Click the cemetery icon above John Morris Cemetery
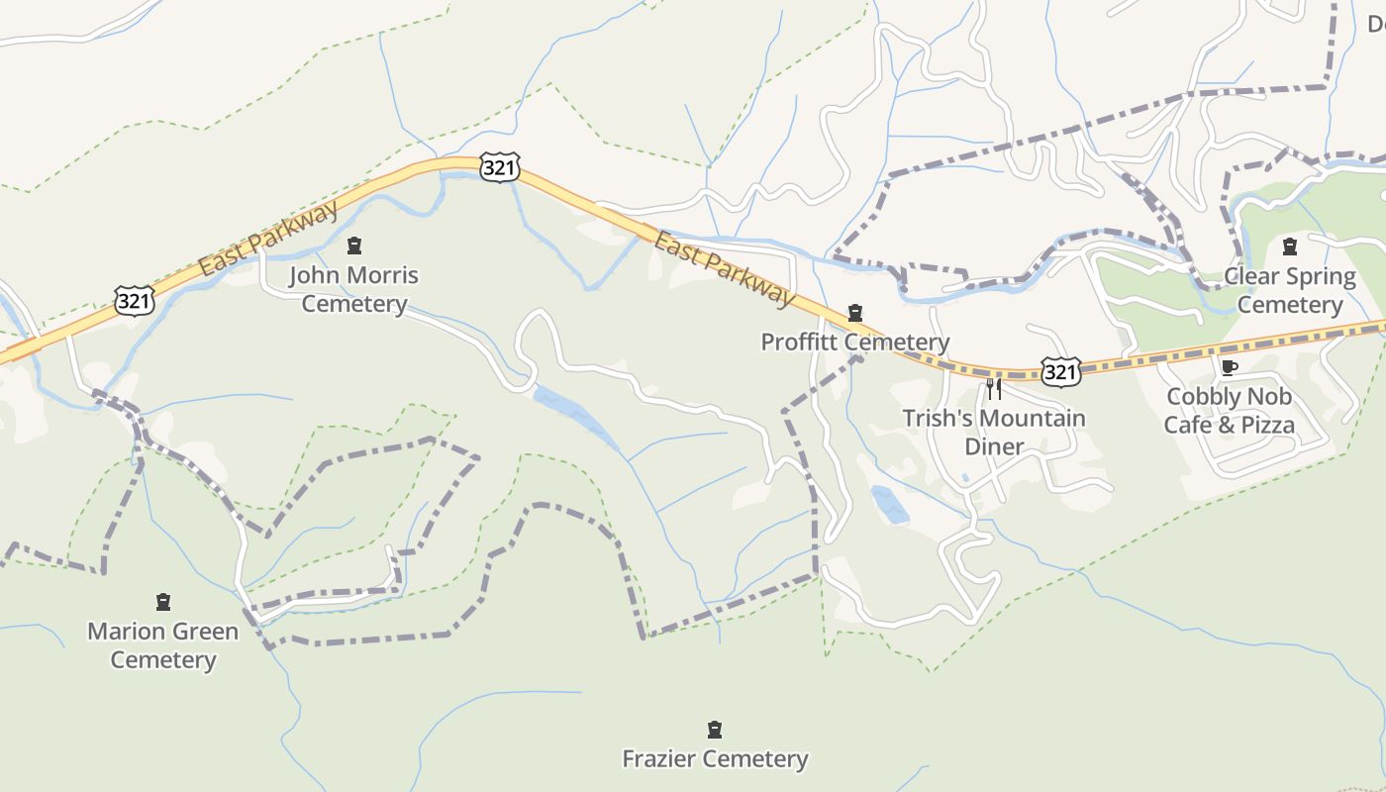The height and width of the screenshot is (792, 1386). pyautogui.click(x=354, y=246)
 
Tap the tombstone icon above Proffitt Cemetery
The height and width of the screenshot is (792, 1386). pyautogui.click(x=855, y=314)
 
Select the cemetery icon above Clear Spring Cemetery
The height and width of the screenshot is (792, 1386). pyautogui.click(x=1289, y=247)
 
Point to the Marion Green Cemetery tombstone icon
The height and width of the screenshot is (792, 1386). pyautogui.click(x=163, y=602)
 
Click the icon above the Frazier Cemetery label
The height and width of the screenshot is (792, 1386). pyautogui.click(x=715, y=731)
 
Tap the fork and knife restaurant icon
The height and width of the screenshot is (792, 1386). pyautogui.click(x=994, y=388)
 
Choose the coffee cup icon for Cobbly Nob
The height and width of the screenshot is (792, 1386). pyautogui.click(x=1229, y=368)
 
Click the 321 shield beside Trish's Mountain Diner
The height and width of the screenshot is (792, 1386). pyautogui.click(x=1060, y=372)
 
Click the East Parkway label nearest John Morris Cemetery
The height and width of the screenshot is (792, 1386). pyautogui.click(x=268, y=239)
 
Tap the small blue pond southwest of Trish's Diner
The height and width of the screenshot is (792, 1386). pyautogui.click(x=890, y=505)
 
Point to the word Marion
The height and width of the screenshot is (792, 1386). pyautogui.click(x=126, y=632)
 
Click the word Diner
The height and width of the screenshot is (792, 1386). pyautogui.click(x=994, y=446)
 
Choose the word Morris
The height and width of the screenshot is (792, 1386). pyautogui.click(x=382, y=275)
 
